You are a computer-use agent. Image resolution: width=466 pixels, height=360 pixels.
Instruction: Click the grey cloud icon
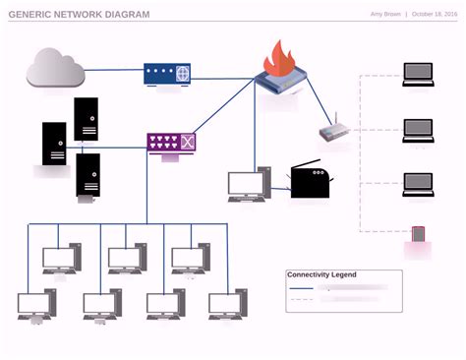pyautogui.click(x=55, y=68)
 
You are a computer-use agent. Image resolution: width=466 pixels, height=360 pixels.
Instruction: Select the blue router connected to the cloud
pyautogui.click(x=167, y=73)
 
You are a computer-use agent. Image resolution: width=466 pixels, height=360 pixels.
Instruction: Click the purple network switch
pyautogui.click(x=171, y=143)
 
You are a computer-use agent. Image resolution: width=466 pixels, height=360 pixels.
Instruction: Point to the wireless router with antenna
pyautogui.click(x=334, y=133)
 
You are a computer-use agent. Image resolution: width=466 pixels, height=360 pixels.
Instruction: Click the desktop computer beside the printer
pyautogui.click(x=249, y=185)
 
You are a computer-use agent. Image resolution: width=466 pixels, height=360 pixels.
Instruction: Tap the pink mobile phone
pyautogui.click(x=418, y=235)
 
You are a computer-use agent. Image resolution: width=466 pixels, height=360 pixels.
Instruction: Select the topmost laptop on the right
pyautogui.click(x=418, y=74)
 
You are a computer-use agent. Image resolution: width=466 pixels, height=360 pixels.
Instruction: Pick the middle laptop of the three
pyautogui.click(x=418, y=129)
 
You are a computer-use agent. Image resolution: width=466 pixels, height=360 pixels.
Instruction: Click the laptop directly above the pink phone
pyautogui.click(x=418, y=184)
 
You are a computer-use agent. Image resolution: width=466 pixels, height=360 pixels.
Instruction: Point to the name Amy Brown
pyautogui.click(x=385, y=15)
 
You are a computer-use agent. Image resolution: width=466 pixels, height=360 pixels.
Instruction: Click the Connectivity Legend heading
pyautogui.click(x=321, y=274)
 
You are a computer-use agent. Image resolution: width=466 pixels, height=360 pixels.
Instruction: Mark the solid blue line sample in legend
pyautogui.click(x=301, y=288)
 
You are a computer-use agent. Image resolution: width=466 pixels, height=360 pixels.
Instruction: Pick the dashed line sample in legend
pyautogui.click(x=301, y=299)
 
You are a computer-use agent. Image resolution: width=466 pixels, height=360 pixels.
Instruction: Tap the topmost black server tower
pyautogui.click(x=86, y=119)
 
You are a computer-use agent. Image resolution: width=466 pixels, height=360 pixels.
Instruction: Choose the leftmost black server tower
pyautogui.click(x=54, y=143)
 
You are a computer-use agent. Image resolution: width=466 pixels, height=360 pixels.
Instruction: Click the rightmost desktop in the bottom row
pyautogui.click(x=226, y=305)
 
